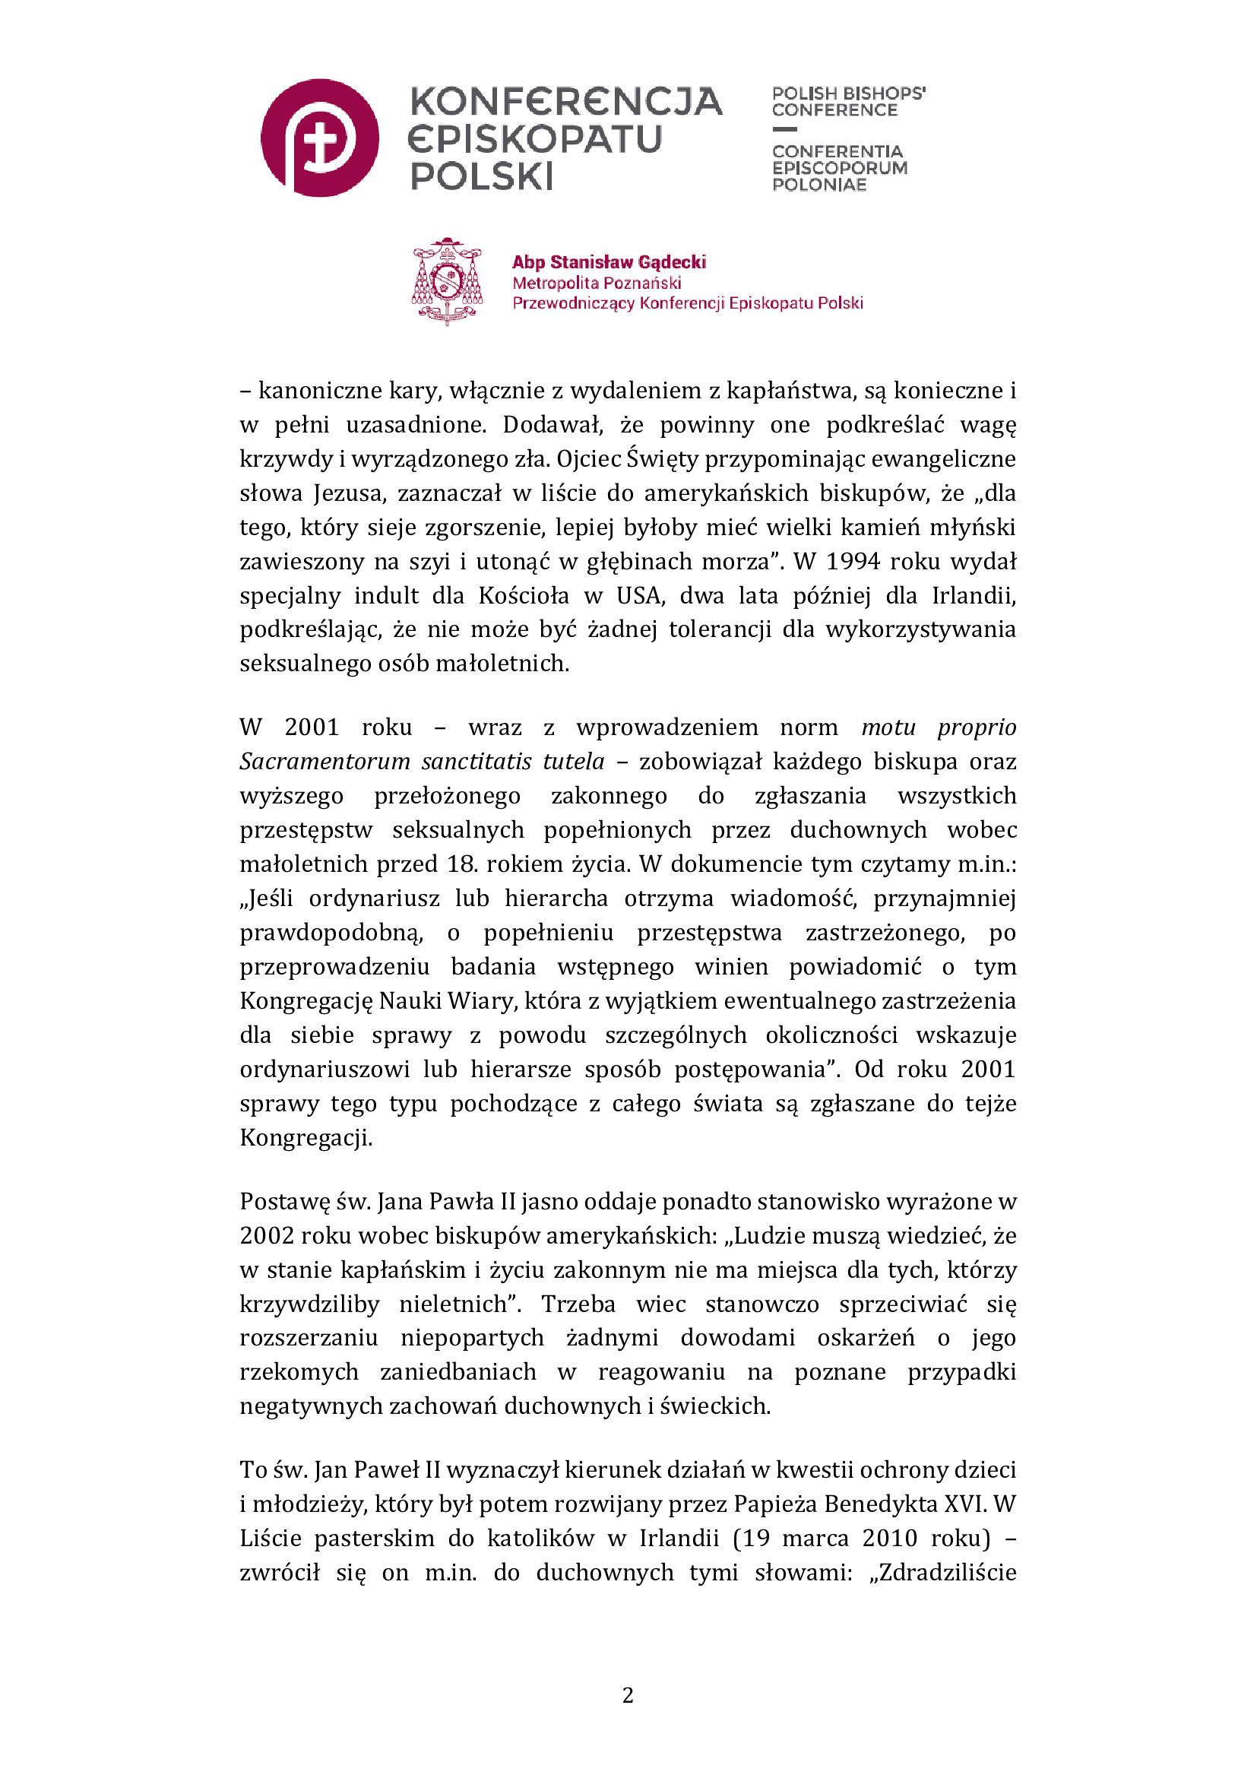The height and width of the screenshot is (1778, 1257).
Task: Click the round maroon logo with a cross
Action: point(320,138)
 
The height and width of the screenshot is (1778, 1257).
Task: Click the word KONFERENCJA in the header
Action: point(566,102)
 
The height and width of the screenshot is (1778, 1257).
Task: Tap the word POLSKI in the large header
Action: point(481,176)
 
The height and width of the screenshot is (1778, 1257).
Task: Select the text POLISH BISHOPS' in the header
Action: point(848,93)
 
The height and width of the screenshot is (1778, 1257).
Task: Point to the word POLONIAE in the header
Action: point(819,184)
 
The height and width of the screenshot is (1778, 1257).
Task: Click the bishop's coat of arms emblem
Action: point(447,281)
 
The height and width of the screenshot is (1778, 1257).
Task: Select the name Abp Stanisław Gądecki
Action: point(610,261)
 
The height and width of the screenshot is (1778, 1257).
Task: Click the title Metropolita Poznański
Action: point(597,283)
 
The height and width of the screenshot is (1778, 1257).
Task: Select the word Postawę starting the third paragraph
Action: point(284,1201)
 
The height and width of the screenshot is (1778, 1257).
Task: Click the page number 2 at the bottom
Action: point(628,1695)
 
